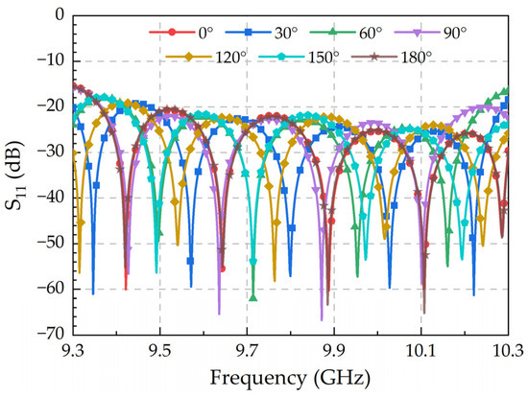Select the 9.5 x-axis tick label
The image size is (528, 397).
[x=159, y=350]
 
